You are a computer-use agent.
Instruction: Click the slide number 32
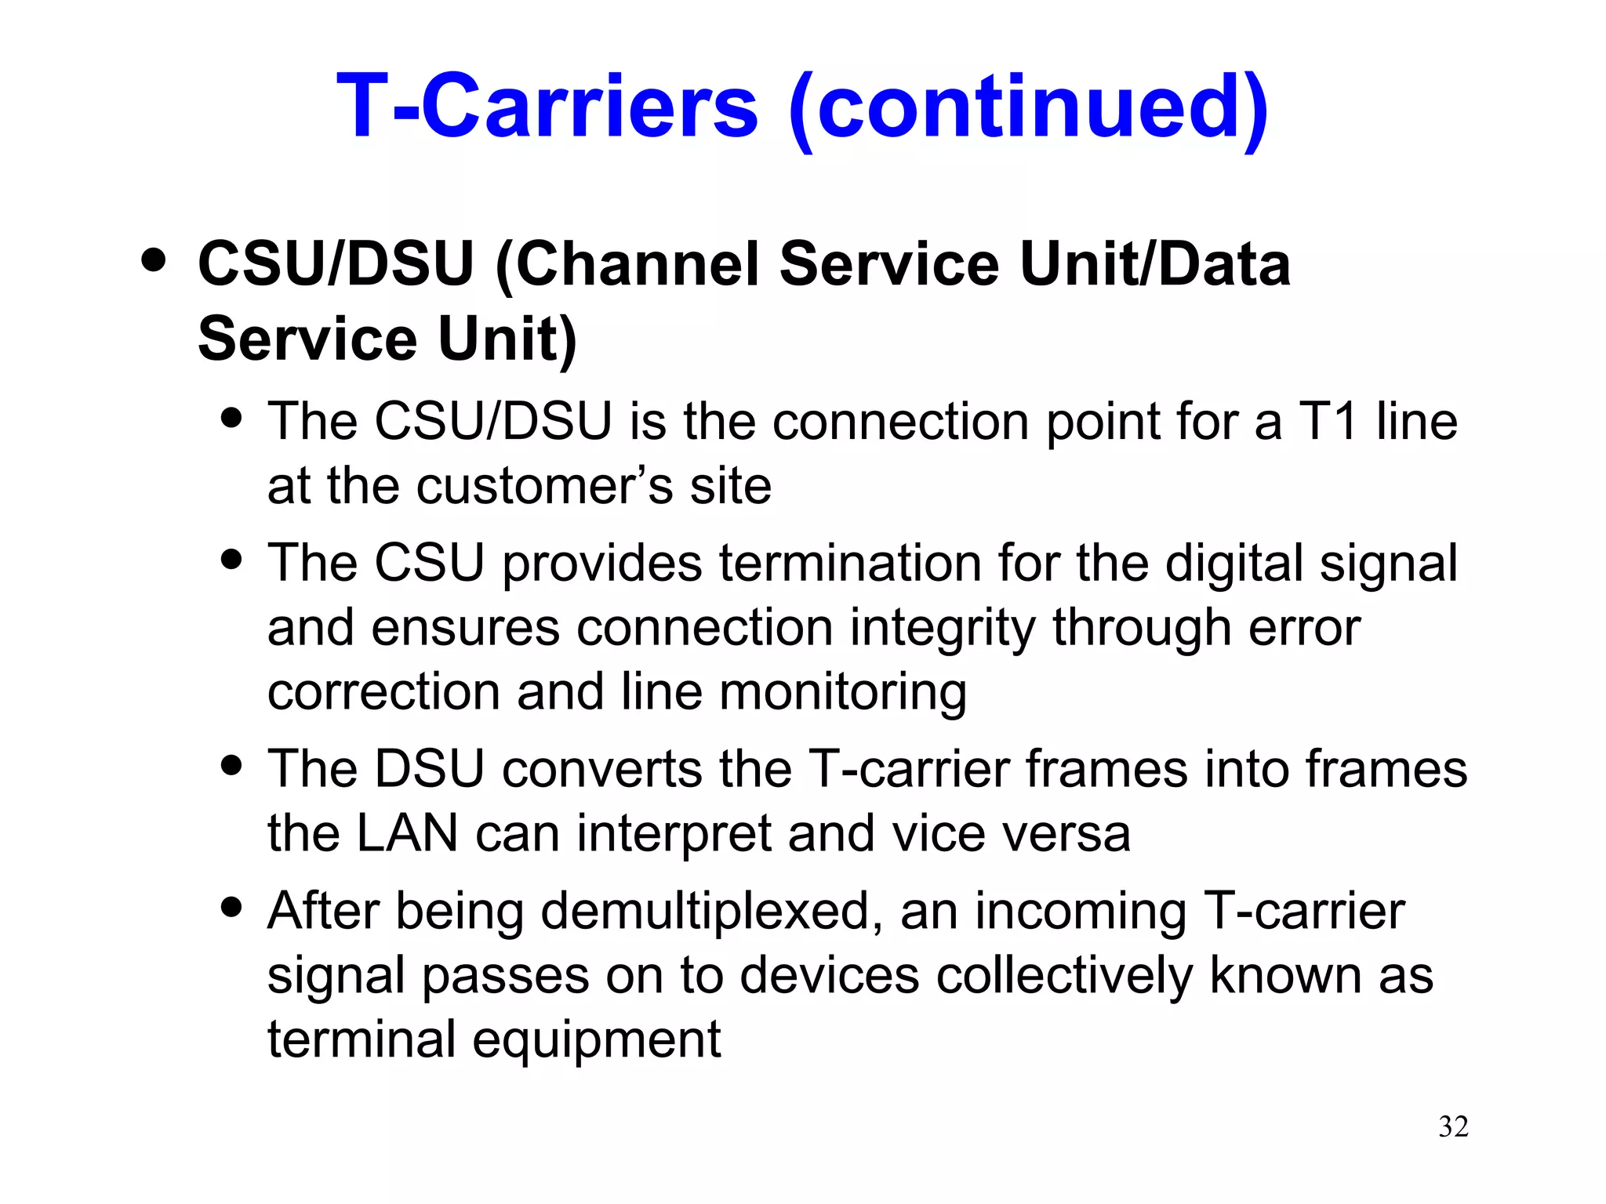pyautogui.click(x=1453, y=1126)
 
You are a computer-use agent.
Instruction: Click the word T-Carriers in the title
pyautogui.click(x=547, y=106)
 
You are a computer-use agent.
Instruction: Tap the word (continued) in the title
pyautogui.click(x=1028, y=107)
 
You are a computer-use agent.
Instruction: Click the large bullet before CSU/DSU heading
pyautogui.click(x=154, y=260)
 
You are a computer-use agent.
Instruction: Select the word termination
pyautogui.click(x=850, y=564)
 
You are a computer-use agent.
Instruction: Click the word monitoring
pyautogui.click(x=842, y=693)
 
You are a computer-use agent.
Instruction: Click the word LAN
pyautogui.click(x=406, y=833)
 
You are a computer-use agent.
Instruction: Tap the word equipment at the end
pyautogui.click(x=596, y=1041)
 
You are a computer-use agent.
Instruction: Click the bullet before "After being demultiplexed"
pyautogui.click(x=231, y=907)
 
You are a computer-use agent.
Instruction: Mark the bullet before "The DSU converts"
pyautogui.click(x=231, y=764)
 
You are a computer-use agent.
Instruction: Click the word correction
pyautogui.click(x=383, y=693)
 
